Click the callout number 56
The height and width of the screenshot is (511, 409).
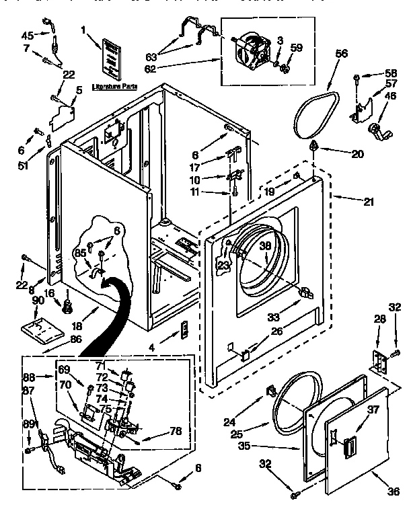(x=342, y=54)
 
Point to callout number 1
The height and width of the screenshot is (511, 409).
(x=84, y=30)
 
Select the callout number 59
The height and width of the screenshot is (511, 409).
(x=296, y=47)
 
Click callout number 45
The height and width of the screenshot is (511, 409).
(x=27, y=36)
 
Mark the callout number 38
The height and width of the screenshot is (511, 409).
(x=266, y=246)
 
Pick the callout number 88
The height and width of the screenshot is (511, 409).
(x=28, y=377)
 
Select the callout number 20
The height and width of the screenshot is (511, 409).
(x=358, y=153)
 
